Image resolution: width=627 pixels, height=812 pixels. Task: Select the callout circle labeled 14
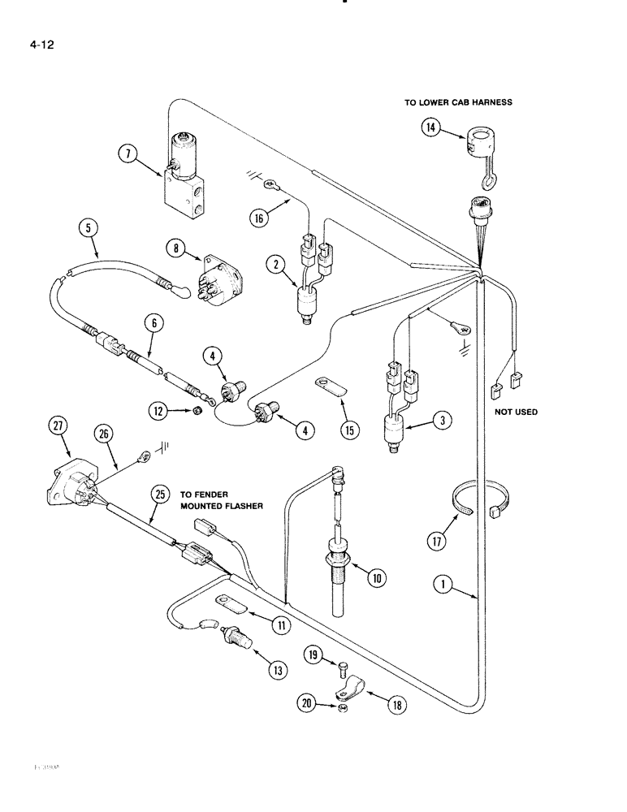(x=431, y=127)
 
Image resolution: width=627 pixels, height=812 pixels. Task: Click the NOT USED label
(x=516, y=412)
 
